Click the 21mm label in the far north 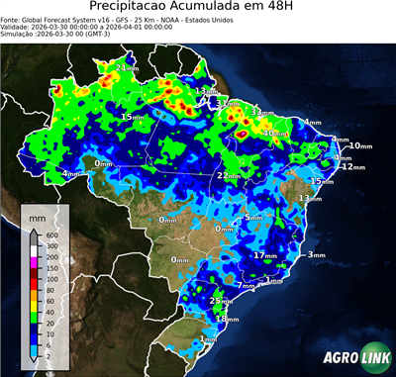tap(127, 68)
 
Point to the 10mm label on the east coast tap(361, 145)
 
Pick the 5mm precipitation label tap(253, 217)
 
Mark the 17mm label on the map tap(264, 255)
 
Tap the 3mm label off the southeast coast tap(317, 255)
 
